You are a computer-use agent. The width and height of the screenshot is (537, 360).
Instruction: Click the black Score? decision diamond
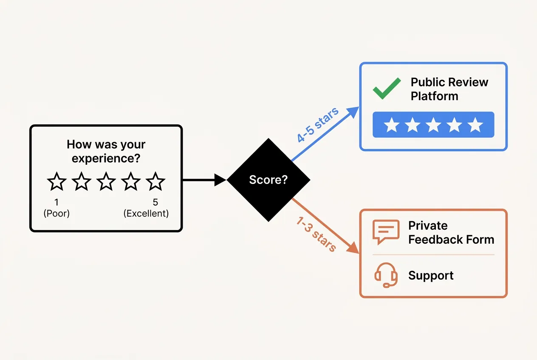[x=268, y=180]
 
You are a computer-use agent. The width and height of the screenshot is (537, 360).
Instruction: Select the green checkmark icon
[x=386, y=88]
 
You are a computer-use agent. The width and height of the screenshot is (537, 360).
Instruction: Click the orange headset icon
[x=386, y=275]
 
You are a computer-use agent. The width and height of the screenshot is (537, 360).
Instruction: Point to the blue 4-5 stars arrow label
[x=318, y=125]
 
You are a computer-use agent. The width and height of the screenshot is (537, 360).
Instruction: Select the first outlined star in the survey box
[x=57, y=182]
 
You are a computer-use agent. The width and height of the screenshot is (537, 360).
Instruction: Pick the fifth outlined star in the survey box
[x=155, y=182]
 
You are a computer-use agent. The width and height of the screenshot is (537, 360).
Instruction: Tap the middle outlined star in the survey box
[x=106, y=182]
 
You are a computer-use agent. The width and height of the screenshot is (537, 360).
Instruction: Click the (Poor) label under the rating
[x=57, y=214]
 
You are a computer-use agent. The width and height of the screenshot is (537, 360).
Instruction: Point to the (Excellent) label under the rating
[x=146, y=214]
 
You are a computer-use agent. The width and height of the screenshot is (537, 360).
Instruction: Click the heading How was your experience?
[x=106, y=151]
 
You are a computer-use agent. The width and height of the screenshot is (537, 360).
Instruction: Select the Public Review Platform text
[x=449, y=89]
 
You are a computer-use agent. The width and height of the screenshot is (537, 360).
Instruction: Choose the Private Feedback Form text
[x=451, y=233]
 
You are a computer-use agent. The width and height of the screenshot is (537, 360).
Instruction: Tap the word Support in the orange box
[x=431, y=276]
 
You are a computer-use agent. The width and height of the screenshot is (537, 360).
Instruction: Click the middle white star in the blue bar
[x=433, y=125]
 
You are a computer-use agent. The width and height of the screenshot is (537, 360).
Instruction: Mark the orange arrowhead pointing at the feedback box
[x=353, y=248]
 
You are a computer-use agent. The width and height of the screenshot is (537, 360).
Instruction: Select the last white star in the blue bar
[x=475, y=125]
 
